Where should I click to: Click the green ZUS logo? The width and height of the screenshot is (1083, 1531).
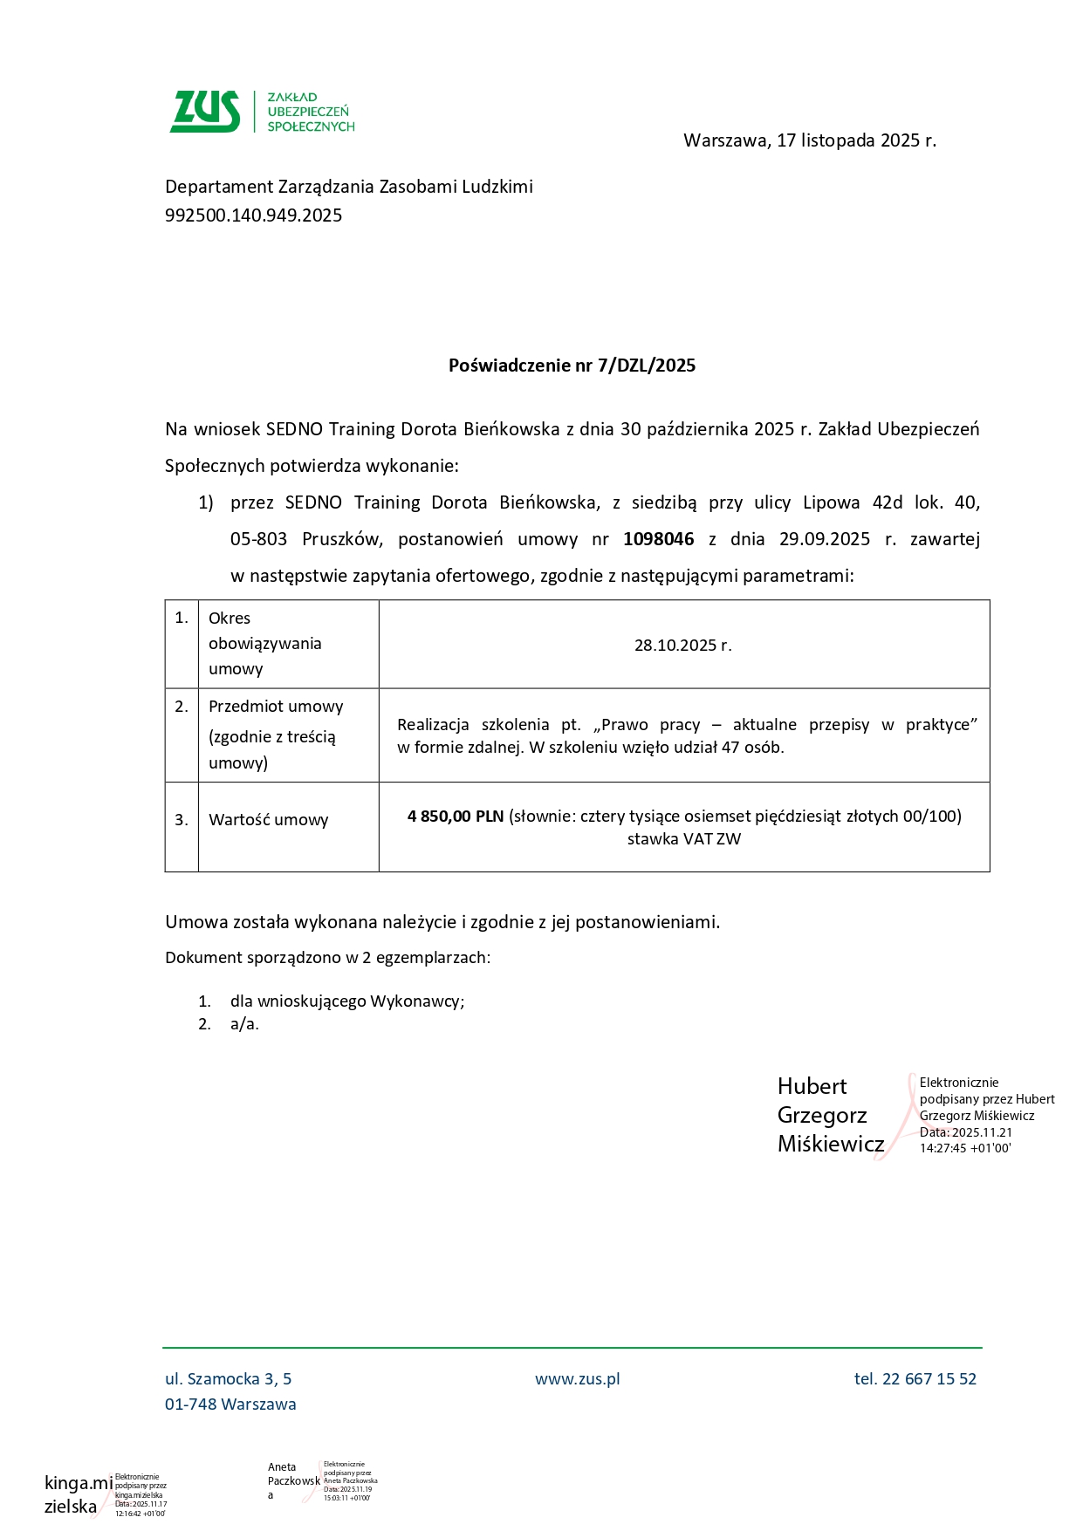click(x=206, y=112)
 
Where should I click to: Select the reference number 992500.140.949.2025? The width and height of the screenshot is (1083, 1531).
click(x=254, y=215)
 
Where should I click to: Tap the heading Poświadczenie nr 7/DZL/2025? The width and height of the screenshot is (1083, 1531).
click(x=572, y=366)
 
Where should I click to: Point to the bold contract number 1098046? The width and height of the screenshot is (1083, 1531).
click(x=658, y=539)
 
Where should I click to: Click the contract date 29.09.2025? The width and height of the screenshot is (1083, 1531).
click(x=824, y=539)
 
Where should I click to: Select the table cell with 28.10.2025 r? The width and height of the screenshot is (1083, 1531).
click(x=682, y=646)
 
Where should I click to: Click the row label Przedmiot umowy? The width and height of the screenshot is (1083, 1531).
click(x=276, y=707)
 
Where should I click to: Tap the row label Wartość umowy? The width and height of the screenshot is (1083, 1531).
click(x=268, y=820)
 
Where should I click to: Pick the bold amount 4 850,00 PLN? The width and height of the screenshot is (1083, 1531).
click(x=456, y=817)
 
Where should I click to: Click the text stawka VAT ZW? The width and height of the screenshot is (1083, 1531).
click(x=683, y=839)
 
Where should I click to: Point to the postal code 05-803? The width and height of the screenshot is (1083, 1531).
click(x=258, y=539)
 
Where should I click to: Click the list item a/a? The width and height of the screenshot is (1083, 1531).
click(x=244, y=1024)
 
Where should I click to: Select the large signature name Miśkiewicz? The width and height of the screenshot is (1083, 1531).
click(x=830, y=1144)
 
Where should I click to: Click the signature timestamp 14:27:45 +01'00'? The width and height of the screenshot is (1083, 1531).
click(x=964, y=1148)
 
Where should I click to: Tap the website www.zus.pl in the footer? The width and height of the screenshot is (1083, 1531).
click(x=577, y=1379)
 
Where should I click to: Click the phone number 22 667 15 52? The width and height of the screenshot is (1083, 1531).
click(x=929, y=1379)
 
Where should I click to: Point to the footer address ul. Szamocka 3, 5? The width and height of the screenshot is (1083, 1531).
click(x=229, y=1379)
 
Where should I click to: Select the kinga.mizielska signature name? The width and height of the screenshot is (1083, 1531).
click(x=77, y=1494)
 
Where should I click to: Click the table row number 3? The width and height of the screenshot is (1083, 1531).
click(x=182, y=820)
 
